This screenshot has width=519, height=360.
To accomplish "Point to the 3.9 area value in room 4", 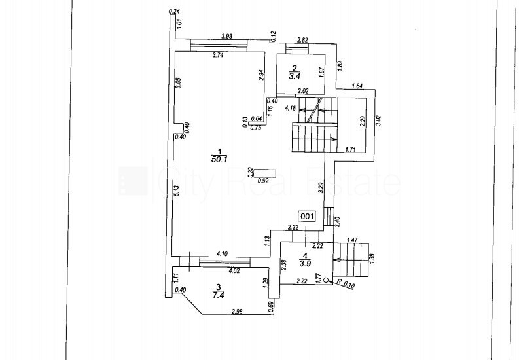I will (x=305, y=264).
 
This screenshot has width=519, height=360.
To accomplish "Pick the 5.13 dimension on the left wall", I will (x=177, y=190).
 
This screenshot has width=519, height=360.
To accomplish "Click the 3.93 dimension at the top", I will (x=227, y=36).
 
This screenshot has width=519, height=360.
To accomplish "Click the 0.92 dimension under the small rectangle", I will (x=265, y=181).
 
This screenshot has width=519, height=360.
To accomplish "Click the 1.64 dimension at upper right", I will (x=357, y=86).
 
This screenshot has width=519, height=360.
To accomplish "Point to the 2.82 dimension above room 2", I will (x=302, y=41).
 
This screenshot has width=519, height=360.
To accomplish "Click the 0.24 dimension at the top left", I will (x=174, y=11).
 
